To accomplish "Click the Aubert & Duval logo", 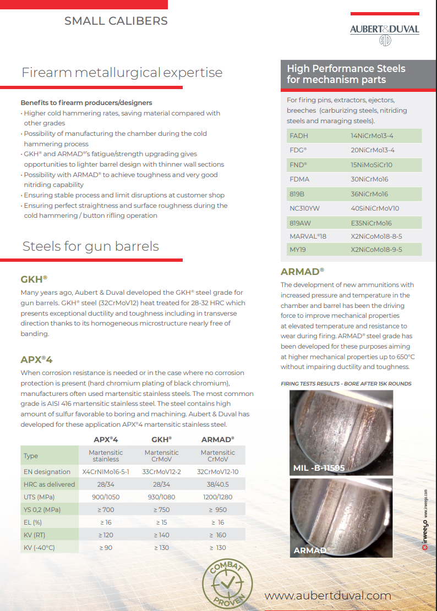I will pos(384,33).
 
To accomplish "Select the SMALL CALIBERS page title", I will pos(116,21).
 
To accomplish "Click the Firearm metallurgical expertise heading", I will pos(122,73).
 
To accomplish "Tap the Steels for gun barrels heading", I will pos(90,246).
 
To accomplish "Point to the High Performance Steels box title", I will pos(346,74).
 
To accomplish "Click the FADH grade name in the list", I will pos(299,135).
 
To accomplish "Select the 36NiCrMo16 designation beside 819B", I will pos(369,194).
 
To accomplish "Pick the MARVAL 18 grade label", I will pos(308,236).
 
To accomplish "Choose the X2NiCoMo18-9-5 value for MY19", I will pos(376,249).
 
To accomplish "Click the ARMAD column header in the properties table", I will pos(217,439).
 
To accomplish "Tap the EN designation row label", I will pos(47,471).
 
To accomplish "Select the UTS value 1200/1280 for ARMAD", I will pos(217,497).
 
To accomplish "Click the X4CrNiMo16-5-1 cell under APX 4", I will pos(106,471).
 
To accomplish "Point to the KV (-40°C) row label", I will pos(42,547).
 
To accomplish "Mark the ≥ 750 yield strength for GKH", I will pos(162,509).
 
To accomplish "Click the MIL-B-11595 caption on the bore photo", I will pos(319,468).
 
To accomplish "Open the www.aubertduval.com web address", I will pos(327,596).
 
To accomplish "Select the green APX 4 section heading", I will pos(36,360).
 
